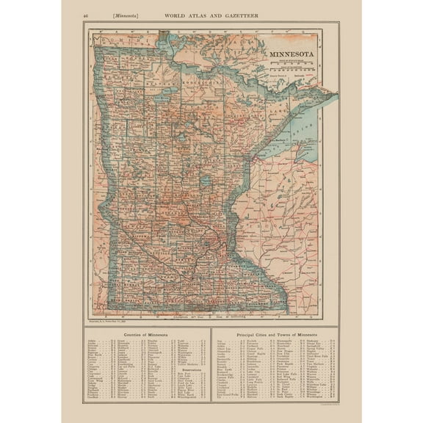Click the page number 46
tap(87, 14)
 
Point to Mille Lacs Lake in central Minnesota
tap(206, 180)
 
